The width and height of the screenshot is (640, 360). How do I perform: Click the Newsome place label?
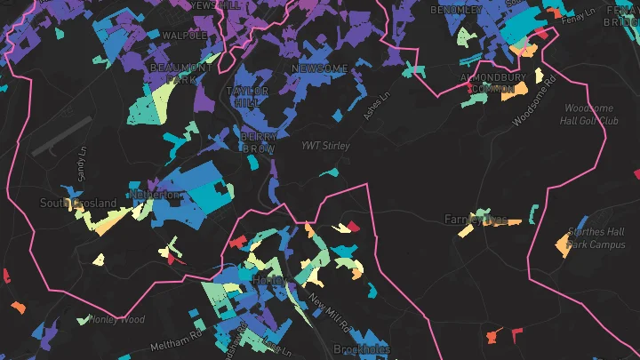coord(319,68)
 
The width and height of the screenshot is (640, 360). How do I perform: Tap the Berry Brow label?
coord(258,142)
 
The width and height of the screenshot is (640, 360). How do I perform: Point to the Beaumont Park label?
coord(181,73)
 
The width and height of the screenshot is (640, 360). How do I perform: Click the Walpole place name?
coord(185,36)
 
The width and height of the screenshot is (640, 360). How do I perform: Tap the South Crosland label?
coord(78,204)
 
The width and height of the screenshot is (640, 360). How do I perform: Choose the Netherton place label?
coord(148,194)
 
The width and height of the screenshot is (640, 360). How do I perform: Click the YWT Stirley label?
coord(325,146)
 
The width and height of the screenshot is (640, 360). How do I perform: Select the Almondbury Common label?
coord(493,83)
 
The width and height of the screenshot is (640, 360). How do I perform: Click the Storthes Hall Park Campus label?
coord(596,238)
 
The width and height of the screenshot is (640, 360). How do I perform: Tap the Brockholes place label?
coord(362,349)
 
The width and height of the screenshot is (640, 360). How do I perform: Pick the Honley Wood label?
coord(116,319)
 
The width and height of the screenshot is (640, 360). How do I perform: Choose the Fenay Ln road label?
coord(578,16)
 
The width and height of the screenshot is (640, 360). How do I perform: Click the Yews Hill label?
coord(213,4)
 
